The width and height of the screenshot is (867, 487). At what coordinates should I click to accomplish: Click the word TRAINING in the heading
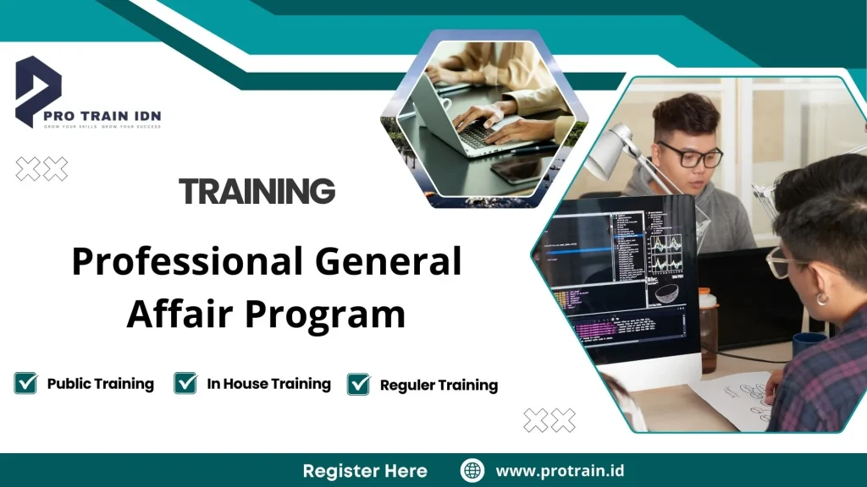(x=257, y=191)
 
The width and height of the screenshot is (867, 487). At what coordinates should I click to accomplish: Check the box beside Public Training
(x=25, y=383)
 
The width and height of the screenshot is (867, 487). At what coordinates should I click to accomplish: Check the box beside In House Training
(x=185, y=383)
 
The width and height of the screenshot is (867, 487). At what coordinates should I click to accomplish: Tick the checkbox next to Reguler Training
(x=359, y=384)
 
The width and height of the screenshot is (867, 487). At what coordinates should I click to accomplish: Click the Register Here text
(x=365, y=471)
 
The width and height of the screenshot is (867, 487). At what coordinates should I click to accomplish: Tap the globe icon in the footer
(x=472, y=471)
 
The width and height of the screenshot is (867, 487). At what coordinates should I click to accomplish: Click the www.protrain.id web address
(x=560, y=471)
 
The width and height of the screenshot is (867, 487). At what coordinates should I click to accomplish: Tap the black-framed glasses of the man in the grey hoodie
(x=690, y=156)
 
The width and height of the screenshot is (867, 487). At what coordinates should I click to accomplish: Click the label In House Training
(x=268, y=384)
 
